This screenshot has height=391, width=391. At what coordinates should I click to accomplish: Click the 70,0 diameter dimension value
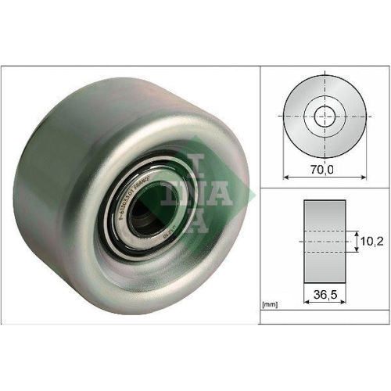tap(320, 168)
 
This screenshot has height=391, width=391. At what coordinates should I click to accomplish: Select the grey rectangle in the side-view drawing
tap(323, 242)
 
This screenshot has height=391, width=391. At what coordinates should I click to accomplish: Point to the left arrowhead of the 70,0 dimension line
tap(285, 176)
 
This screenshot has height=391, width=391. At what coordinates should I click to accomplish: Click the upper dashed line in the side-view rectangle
tap(323, 232)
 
